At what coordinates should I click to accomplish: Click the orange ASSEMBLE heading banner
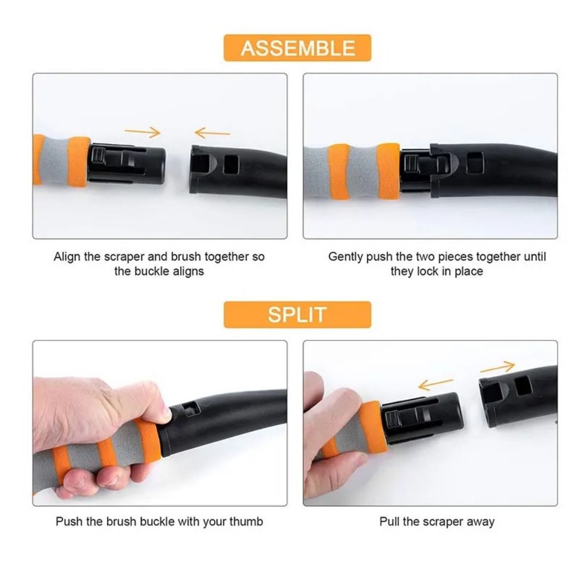pyautogui.click(x=297, y=48)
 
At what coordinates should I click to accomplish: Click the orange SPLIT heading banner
pyautogui.click(x=297, y=315)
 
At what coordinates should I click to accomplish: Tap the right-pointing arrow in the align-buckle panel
pyautogui.click(x=142, y=133)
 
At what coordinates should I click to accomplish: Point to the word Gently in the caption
pyautogui.click(x=346, y=256)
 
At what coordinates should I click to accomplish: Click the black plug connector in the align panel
pyautogui.click(x=127, y=162)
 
